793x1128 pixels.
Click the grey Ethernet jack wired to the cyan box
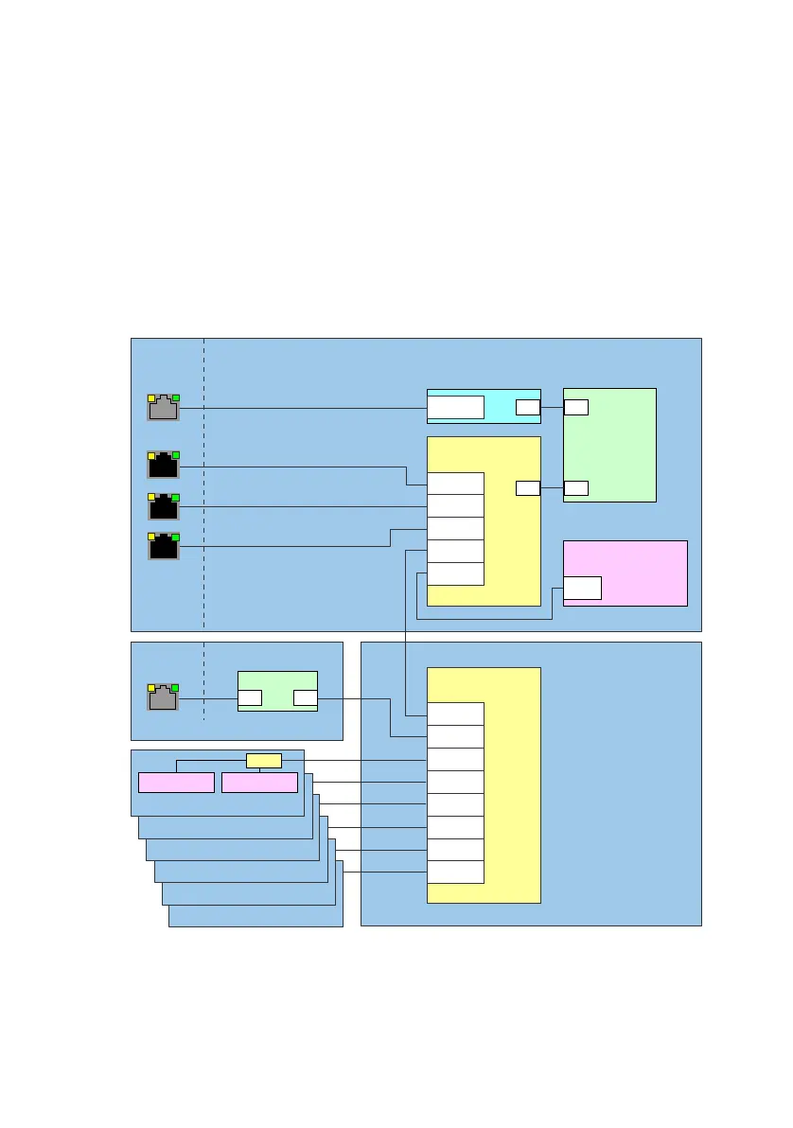163,408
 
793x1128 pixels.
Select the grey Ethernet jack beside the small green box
163,698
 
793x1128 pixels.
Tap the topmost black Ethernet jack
163,465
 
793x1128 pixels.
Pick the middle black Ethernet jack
163,506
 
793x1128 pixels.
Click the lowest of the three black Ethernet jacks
163,546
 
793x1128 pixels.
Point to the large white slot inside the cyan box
455,408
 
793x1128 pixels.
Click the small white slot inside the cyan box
528,408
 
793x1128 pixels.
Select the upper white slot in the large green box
575,408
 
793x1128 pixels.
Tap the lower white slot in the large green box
575,488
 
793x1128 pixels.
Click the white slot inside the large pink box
582,588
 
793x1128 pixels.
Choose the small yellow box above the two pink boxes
263,760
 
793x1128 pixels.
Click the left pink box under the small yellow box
176,783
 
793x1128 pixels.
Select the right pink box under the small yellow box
259,783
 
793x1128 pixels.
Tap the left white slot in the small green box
250,698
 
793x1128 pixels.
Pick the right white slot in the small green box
305,698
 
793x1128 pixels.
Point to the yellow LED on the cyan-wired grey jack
151,398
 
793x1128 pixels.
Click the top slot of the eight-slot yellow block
455,714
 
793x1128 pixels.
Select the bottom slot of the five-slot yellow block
455,573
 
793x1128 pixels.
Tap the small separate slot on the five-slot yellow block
528,488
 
